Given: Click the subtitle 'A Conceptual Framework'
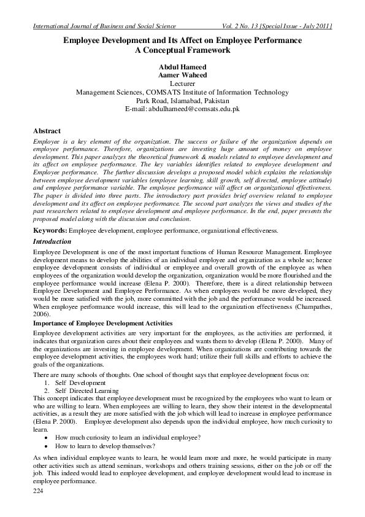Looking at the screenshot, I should pos(182,50).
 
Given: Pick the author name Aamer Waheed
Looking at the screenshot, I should pos(182,75).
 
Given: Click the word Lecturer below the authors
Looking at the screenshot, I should pos(182,84).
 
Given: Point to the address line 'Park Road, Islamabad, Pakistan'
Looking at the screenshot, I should pos(182,100).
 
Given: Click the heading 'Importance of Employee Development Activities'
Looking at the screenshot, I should pos(102,323).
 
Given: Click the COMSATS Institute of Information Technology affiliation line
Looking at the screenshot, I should pos(182,92).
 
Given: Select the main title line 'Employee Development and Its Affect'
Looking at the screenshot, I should pos(182,41).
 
